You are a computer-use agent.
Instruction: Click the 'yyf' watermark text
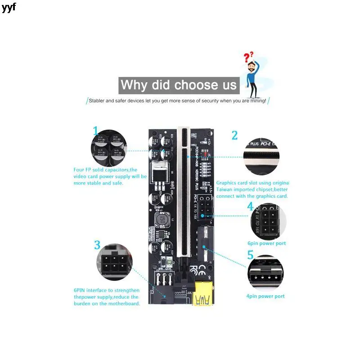click(x=9, y=8)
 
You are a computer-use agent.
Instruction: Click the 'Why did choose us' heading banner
click(x=179, y=85)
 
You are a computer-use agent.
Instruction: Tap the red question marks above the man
click(x=248, y=57)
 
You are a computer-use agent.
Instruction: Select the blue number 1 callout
click(x=95, y=131)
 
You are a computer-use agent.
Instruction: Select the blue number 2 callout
click(x=234, y=135)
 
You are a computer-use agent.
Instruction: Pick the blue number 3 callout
click(x=97, y=245)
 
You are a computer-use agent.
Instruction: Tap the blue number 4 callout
click(x=250, y=207)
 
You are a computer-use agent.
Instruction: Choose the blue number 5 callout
click(x=250, y=255)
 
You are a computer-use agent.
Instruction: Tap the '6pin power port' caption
click(x=266, y=243)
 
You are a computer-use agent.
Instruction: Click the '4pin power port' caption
click(x=265, y=296)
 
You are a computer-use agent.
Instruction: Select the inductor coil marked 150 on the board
click(x=161, y=220)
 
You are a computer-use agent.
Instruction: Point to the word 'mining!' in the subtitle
click(x=256, y=101)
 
